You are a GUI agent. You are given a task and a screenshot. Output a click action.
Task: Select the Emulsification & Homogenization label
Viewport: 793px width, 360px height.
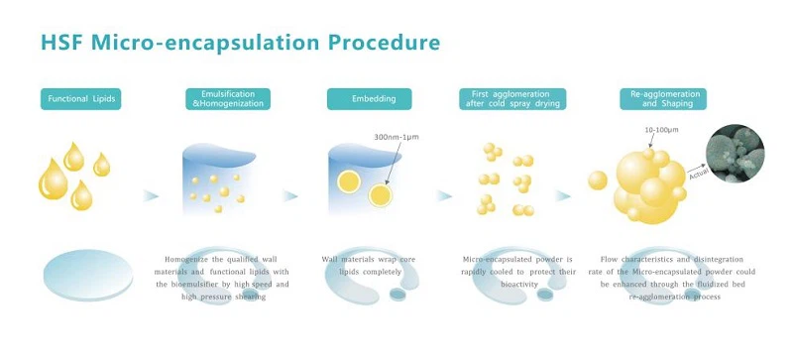[x=227, y=99]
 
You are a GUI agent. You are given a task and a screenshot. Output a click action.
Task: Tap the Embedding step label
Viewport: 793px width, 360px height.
[x=369, y=99]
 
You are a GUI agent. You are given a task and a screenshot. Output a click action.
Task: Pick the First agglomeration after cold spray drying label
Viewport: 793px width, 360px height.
[x=511, y=99]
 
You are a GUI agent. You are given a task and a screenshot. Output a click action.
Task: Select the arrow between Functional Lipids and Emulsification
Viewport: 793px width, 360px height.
[x=150, y=195]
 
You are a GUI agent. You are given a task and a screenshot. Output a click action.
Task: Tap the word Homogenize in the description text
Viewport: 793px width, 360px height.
[x=189, y=259]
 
